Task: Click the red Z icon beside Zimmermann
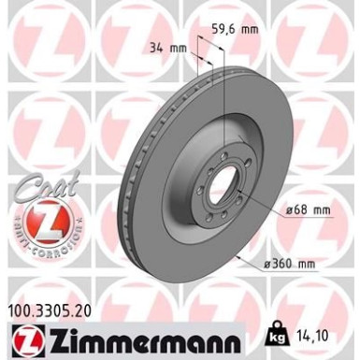pos(28,336)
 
